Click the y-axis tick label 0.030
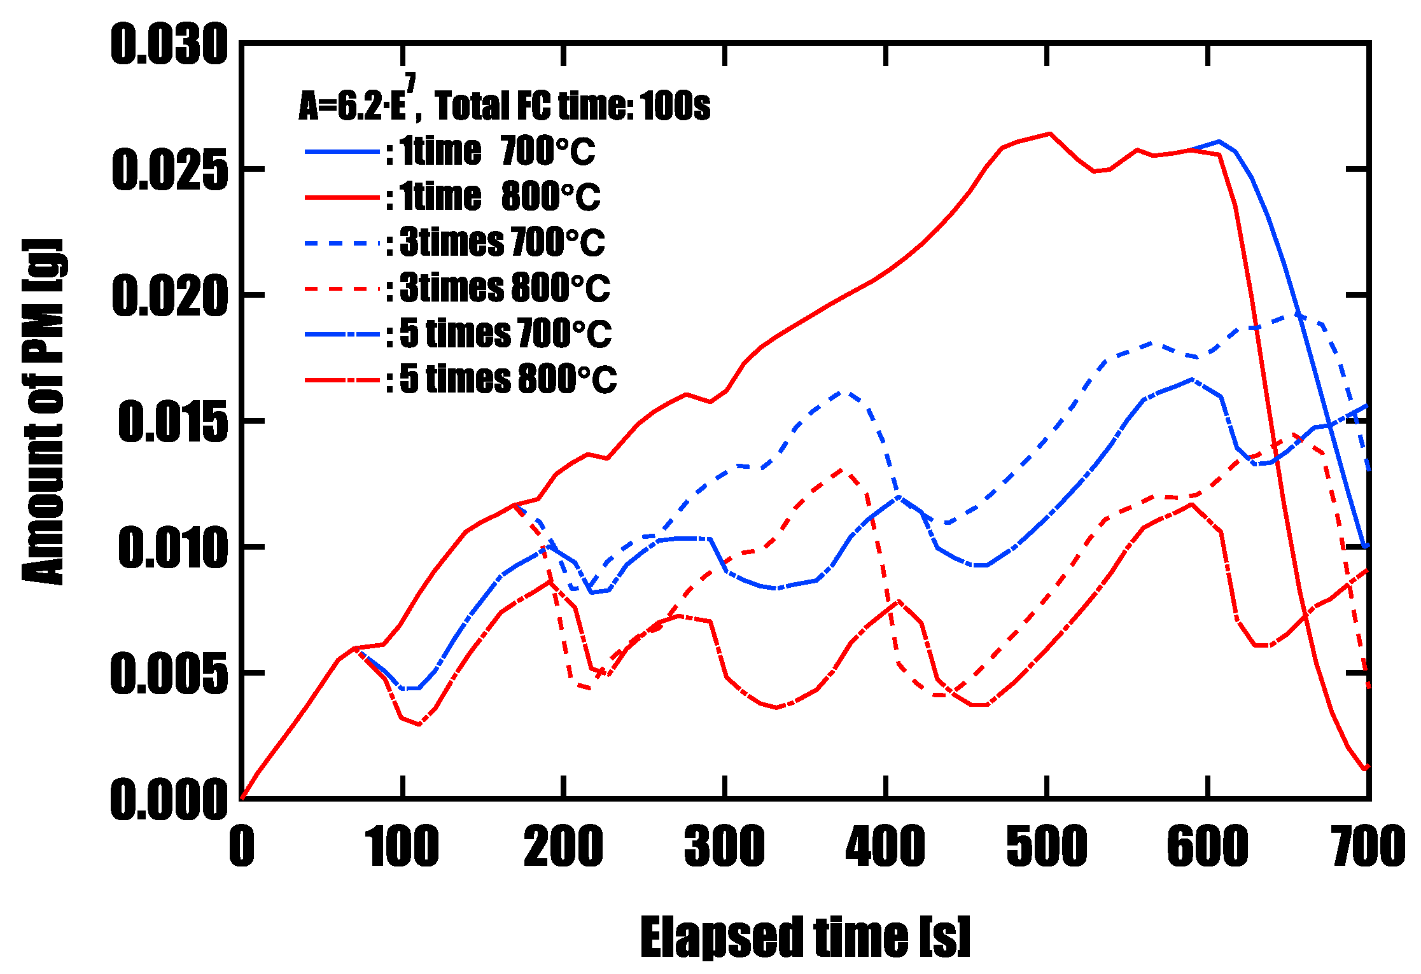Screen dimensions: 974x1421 pos(169,45)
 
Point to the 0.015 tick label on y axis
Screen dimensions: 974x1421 pos(172,422)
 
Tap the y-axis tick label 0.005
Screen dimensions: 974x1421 pos(169,674)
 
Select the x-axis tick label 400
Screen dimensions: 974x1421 pos(885,846)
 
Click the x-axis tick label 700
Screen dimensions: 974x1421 pos(1368,846)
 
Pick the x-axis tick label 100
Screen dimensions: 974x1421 pos(402,846)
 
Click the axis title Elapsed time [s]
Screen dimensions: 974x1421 pos(805,936)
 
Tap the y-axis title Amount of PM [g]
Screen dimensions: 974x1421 pos(43,412)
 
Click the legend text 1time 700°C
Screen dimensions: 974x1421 pos(497,151)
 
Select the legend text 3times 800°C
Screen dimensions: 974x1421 pos(505,288)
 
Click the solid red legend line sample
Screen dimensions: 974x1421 pos(342,198)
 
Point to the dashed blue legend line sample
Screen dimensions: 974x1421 pos(342,243)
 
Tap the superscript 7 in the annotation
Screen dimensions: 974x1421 pos(410,83)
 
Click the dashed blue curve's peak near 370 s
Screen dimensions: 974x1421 pos(841,393)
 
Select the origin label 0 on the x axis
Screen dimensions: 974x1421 pos(242,846)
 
